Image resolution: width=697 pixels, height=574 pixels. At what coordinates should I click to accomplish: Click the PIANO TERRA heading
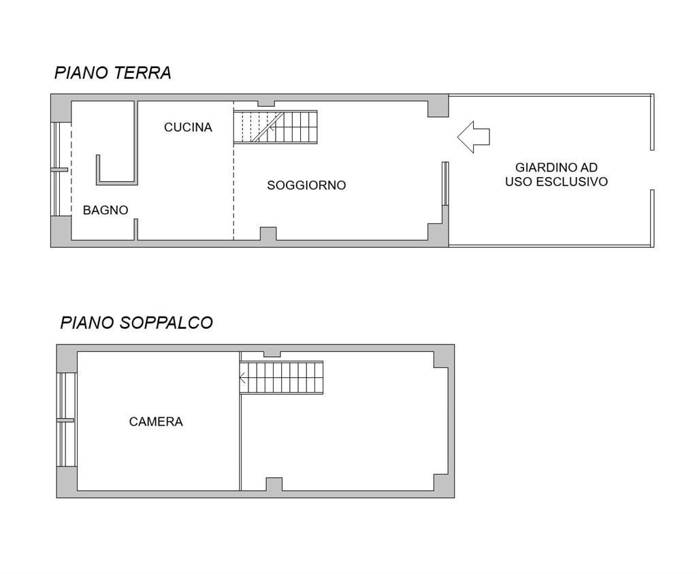112,73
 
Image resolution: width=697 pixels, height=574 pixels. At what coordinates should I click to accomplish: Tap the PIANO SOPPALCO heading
136,323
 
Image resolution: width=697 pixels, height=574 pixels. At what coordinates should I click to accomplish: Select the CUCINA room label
188,127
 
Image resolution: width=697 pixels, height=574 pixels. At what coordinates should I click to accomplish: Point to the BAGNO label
106,210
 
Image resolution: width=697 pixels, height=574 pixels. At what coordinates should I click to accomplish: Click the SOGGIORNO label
306,185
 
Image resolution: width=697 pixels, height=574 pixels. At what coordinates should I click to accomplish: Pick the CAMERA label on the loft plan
156,422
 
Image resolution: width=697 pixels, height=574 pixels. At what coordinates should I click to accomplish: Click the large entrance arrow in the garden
474,137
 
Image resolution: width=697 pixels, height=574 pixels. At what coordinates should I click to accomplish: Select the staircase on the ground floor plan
276,127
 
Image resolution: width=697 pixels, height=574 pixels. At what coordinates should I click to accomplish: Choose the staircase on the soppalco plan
281,377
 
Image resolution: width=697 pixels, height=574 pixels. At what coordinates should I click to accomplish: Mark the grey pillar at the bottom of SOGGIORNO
268,234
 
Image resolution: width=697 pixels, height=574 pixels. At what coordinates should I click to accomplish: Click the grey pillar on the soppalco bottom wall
274,484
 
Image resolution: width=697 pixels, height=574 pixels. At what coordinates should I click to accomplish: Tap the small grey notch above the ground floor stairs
266,103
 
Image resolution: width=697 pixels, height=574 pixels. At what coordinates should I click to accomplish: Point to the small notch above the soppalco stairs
272,353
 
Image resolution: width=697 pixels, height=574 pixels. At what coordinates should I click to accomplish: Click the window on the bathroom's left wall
61,169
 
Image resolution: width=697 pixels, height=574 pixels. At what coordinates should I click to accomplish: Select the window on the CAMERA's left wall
65,420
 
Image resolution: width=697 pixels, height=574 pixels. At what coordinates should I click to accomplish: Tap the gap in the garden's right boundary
652,170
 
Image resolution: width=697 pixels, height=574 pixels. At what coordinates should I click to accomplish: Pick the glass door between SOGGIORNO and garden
445,183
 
